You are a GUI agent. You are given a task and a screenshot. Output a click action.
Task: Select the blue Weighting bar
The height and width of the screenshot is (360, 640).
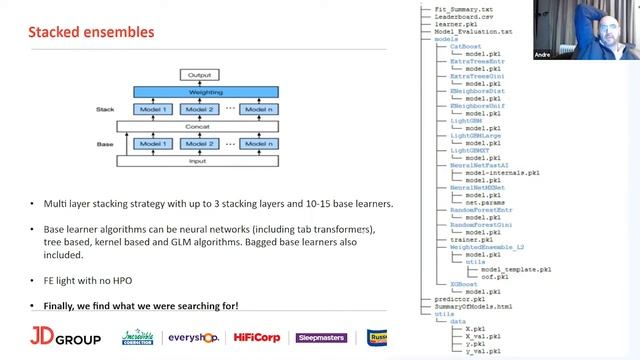point(206,92)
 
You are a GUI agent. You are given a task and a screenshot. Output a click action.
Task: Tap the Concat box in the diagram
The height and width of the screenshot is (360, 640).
point(206,126)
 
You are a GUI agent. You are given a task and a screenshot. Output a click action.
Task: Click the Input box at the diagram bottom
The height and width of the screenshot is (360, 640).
point(206,161)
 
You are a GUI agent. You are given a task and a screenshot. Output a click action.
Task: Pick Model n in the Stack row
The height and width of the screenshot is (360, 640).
point(259,109)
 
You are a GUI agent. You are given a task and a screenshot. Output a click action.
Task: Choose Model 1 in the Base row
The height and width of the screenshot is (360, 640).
point(153,144)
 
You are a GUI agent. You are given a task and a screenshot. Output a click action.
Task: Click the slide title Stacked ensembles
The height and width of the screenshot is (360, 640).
point(91,32)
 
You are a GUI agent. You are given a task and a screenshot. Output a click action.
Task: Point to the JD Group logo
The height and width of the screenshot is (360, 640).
point(65,338)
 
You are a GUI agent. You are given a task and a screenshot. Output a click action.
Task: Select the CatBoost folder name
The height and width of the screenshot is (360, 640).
point(465,46)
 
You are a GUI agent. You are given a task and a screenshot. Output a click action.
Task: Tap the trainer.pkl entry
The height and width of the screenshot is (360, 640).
point(472,240)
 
